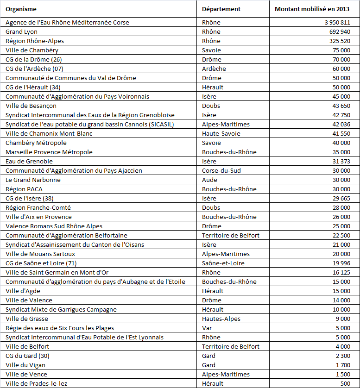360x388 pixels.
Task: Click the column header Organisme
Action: point(21,9)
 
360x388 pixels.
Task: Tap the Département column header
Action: point(221,9)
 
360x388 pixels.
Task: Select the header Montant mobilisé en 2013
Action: point(312,9)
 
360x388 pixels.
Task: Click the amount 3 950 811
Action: point(337,22)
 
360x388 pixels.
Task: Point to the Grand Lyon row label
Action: point(21,31)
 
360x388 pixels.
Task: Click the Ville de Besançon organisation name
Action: point(31,106)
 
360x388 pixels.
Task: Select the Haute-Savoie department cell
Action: point(220,133)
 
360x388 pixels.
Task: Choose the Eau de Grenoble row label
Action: point(29,161)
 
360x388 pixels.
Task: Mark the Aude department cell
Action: point(209,180)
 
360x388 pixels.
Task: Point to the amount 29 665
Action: point(341,198)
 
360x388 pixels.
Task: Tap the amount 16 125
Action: point(341,272)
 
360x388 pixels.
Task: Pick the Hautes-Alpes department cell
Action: point(221,319)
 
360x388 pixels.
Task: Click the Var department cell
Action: point(207,328)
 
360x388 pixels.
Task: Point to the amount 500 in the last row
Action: point(345,383)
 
